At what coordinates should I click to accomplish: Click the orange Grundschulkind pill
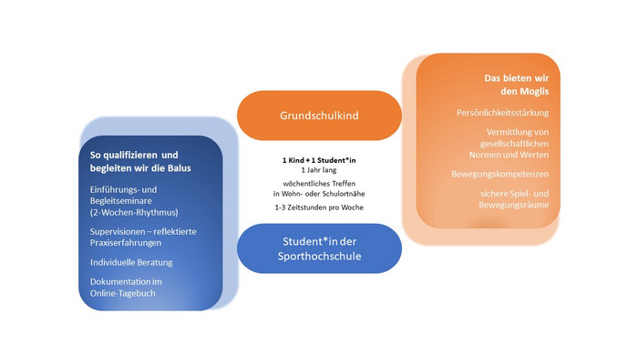point(319,116)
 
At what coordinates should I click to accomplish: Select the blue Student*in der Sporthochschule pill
point(319,248)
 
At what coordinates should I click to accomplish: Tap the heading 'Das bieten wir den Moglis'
point(517,85)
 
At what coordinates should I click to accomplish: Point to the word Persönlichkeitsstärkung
point(502,113)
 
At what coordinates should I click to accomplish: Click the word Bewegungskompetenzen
point(500,174)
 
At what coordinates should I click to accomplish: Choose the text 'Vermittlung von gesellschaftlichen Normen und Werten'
point(509,144)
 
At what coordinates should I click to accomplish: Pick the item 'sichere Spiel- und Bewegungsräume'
point(513,199)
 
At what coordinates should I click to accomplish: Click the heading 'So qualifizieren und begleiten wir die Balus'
point(140,161)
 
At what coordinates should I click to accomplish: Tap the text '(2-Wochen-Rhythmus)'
point(134,212)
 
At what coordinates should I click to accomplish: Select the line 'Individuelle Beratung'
point(131,262)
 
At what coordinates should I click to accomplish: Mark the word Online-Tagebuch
point(122,293)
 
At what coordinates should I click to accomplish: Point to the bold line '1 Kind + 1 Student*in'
point(319,160)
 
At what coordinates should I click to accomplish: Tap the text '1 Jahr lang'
point(319,170)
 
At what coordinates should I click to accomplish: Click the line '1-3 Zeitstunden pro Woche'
point(319,207)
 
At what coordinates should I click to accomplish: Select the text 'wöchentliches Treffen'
point(319,184)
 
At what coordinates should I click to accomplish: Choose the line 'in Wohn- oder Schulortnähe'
point(319,194)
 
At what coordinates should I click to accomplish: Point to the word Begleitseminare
point(121,201)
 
